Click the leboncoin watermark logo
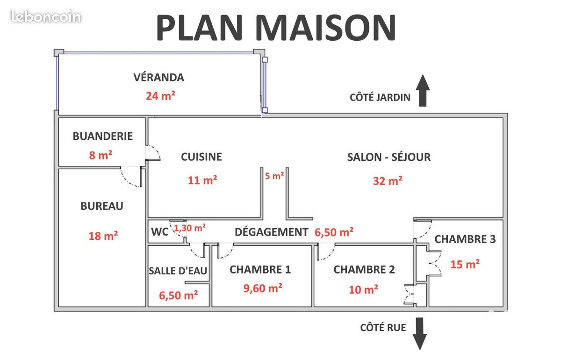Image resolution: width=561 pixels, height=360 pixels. (46, 16)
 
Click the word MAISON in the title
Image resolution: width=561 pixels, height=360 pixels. (325, 28)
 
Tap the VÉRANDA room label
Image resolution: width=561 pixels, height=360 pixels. (159, 77)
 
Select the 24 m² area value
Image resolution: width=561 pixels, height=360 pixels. (160, 96)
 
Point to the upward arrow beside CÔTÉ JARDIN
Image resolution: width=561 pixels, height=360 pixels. (423, 90)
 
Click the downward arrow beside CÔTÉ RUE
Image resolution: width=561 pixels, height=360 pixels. (420, 334)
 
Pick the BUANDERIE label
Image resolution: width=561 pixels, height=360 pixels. (103, 136)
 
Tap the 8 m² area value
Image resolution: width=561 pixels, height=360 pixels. (101, 155)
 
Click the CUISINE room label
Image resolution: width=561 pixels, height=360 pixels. (201, 157)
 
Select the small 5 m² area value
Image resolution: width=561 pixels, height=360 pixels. (274, 176)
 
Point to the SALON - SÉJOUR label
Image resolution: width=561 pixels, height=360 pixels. (389, 157)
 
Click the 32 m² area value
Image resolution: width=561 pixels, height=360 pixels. (388, 180)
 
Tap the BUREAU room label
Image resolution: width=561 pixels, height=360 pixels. (102, 206)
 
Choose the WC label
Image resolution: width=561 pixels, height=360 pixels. (159, 232)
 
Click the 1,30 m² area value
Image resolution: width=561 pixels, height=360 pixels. (190, 228)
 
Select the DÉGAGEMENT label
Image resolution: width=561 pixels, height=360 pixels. (272, 232)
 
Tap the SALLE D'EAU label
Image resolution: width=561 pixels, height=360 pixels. (178, 271)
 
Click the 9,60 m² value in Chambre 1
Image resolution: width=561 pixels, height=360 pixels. (263, 288)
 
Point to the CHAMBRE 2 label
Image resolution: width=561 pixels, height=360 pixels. (364, 270)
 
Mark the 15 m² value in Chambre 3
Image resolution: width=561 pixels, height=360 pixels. (465, 264)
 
